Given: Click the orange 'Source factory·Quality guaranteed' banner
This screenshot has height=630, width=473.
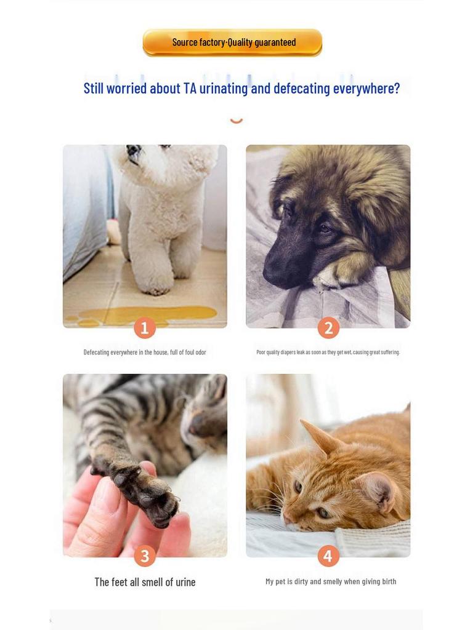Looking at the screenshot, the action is pos(232,42).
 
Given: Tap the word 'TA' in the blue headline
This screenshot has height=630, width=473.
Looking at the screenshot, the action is pos(190,89).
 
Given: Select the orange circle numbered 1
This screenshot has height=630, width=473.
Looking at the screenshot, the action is pos(145,328).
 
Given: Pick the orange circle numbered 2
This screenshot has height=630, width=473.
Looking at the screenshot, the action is pos(328,328).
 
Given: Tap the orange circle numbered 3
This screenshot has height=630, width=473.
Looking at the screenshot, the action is pos(145,556).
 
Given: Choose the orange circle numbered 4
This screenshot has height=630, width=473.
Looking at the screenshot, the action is pos(328,556).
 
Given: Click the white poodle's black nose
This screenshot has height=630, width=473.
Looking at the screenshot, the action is pos(134,151).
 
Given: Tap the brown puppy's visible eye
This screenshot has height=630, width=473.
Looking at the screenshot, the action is pos(325,229).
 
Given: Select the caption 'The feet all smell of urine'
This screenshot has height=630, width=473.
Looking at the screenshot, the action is pos(145,582).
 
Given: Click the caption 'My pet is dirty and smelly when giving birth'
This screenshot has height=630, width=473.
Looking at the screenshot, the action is pos(331,581).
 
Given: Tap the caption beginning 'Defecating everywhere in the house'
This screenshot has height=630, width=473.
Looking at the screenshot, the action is pos(145,353).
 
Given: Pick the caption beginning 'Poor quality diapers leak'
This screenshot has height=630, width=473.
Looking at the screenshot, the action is pos(328,353).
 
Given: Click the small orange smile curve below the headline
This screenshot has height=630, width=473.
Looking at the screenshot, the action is pos(236,121).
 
